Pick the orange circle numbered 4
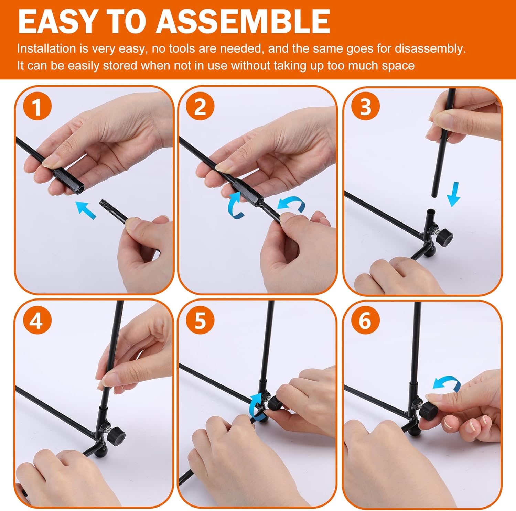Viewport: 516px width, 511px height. (37, 320)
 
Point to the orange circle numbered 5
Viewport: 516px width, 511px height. (200, 320)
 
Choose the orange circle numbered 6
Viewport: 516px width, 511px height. (365, 320)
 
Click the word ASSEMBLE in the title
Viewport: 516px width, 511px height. (243, 21)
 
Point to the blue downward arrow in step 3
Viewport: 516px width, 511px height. (454, 194)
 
